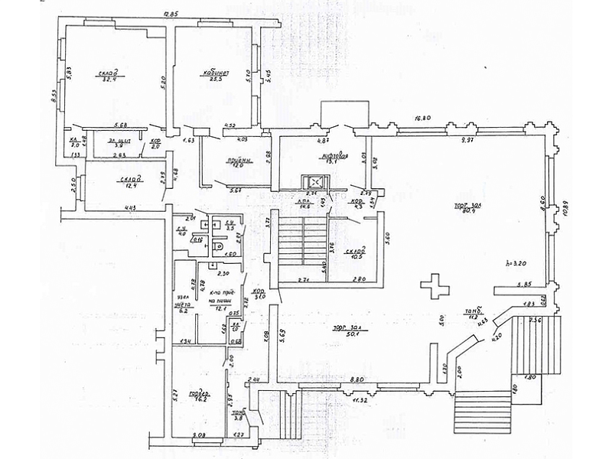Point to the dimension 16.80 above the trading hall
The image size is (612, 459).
(425, 118)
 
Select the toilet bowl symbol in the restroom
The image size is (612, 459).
(220, 246)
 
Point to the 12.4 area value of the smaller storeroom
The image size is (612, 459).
(129, 187)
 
